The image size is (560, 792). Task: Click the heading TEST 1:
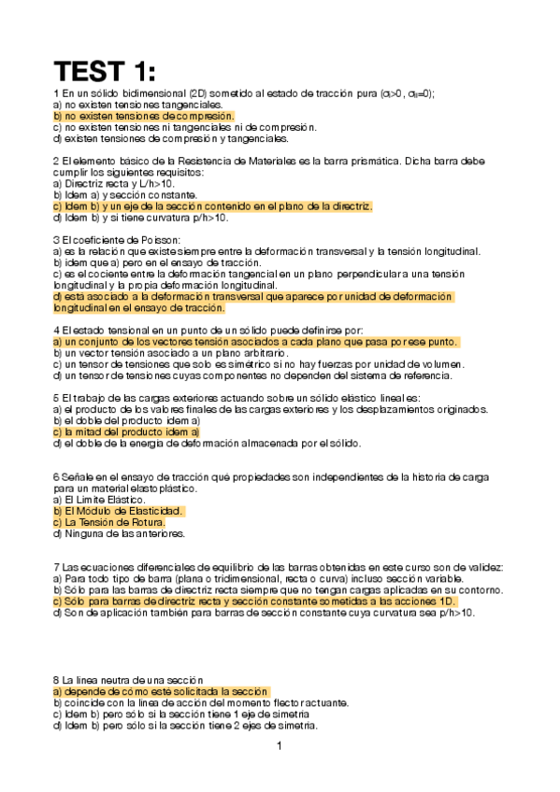pyautogui.click(x=105, y=71)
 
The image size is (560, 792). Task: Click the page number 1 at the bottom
pyautogui.click(x=279, y=746)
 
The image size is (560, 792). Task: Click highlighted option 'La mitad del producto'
pyautogui.click(x=127, y=432)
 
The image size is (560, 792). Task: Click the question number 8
pyautogui.click(x=57, y=680)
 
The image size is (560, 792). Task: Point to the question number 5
pyautogui.click(x=57, y=398)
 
